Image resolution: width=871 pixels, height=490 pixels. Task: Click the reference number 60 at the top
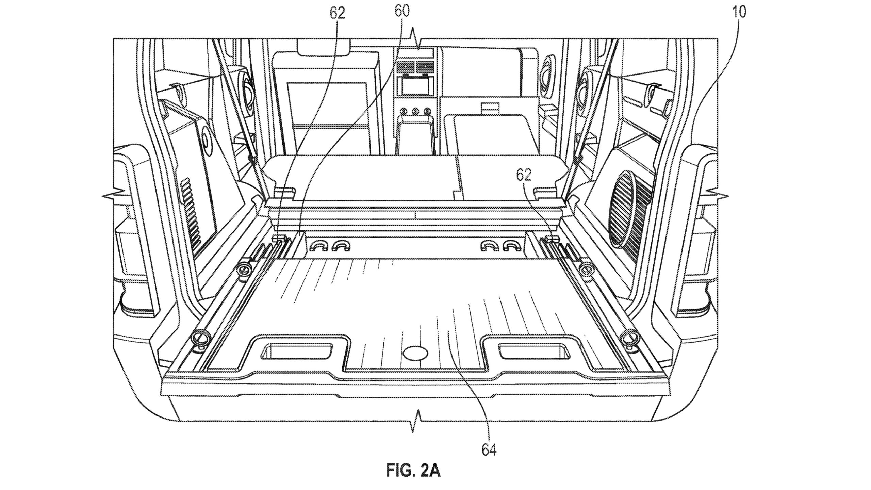click(x=402, y=12)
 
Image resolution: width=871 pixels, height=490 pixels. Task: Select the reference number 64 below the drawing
click(x=489, y=450)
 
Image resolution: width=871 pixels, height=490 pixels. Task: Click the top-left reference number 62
click(x=338, y=13)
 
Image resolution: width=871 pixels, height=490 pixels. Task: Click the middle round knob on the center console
click(x=415, y=111)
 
